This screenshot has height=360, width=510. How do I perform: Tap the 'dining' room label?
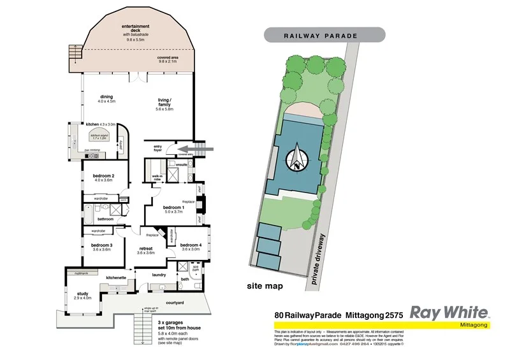106,97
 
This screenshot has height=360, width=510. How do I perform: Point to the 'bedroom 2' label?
103,176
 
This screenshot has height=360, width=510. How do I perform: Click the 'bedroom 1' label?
173,208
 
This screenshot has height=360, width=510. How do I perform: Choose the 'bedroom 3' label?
101,245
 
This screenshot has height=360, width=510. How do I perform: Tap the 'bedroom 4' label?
191,245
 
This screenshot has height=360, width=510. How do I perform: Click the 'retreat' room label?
147,249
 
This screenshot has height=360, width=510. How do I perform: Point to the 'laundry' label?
159,275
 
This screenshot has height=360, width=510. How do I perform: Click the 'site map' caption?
265,287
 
